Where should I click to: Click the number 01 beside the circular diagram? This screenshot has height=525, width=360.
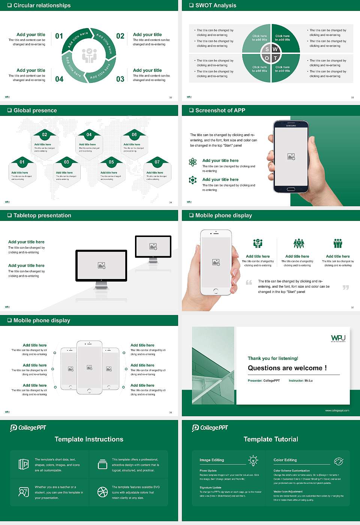(59, 36)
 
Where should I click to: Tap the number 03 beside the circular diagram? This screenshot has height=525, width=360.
(120, 79)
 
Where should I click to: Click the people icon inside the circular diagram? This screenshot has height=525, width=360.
(89, 55)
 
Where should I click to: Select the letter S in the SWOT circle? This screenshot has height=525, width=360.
(267, 49)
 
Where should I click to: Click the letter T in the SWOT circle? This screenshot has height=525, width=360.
(275, 58)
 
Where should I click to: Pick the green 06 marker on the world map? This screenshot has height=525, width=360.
(134, 135)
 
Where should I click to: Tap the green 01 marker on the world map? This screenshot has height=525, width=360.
(22, 162)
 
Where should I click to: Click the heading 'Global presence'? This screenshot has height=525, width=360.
(35, 111)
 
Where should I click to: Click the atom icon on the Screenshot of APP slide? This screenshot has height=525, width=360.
(193, 162)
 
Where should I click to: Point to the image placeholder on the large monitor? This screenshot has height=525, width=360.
(101, 265)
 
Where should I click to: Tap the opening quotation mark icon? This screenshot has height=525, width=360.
(249, 282)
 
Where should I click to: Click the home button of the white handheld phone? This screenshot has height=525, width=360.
(216, 291)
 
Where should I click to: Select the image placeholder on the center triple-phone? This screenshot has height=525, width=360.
(89, 367)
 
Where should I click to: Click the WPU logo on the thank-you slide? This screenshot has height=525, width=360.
(338, 338)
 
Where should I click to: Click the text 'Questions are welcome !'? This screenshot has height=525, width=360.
(287, 368)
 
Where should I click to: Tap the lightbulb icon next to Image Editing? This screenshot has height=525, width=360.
(253, 460)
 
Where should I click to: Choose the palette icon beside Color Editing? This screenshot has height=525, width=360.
(338, 461)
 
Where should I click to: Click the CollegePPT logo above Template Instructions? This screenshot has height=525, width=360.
(28, 428)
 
